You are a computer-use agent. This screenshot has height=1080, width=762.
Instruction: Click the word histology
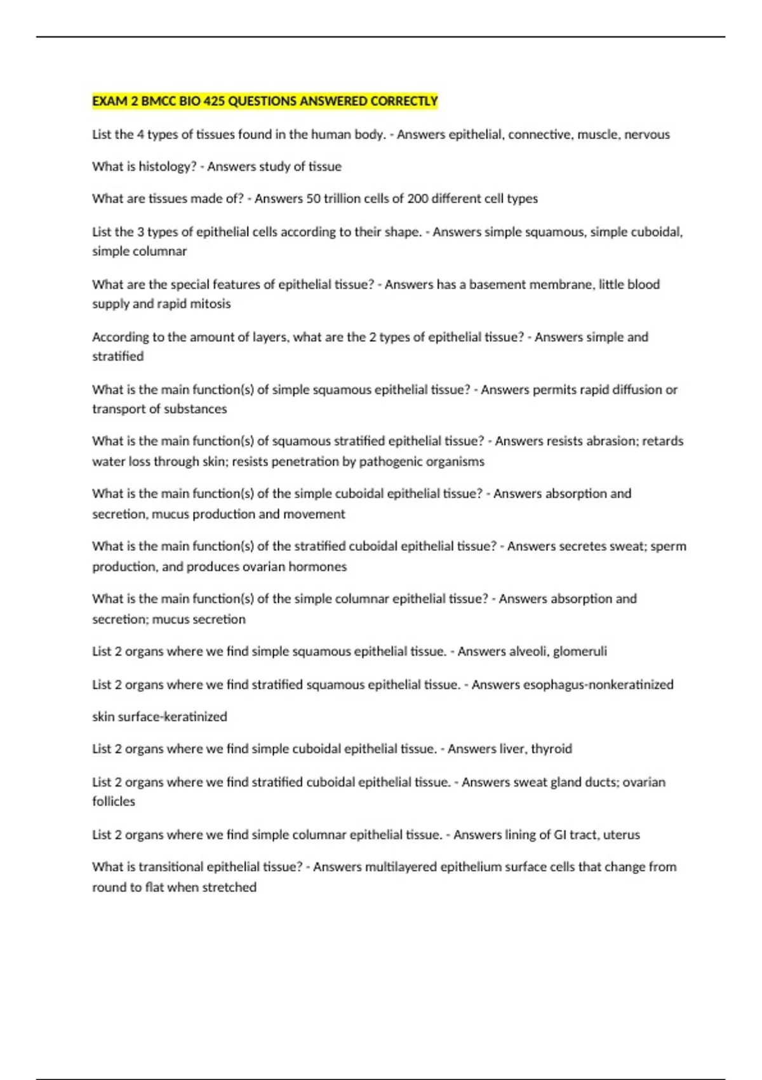pos(168,166)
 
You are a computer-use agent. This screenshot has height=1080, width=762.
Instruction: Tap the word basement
pos(493,285)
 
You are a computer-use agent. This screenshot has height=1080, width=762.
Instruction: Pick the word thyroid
pos(551,749)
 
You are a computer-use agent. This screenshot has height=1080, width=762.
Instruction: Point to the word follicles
pos(114,802)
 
